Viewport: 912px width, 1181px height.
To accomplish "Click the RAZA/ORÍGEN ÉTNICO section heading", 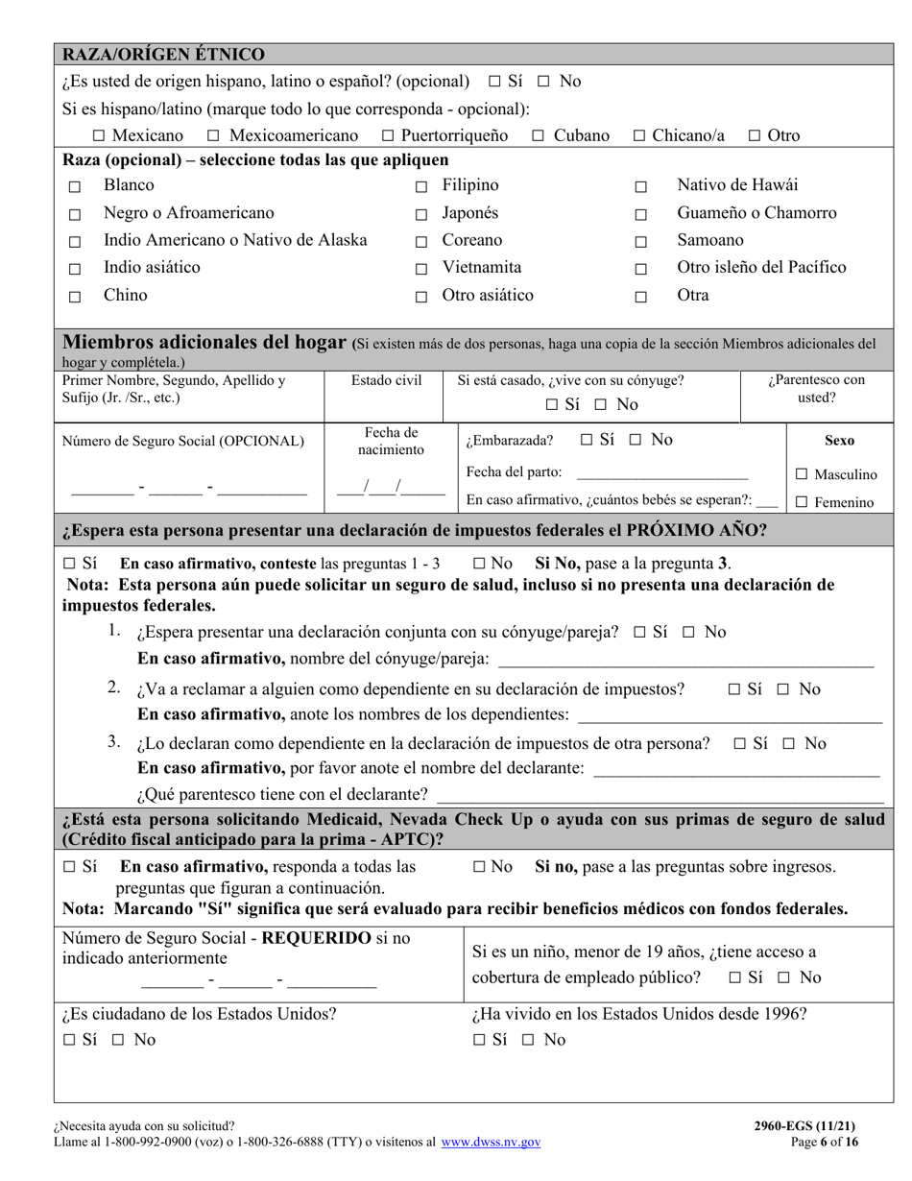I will (x=163, y=54).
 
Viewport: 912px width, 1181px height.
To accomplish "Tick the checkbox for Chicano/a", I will (x=639, y=136).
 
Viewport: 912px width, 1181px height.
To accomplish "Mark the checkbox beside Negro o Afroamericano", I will (x=75, y=215).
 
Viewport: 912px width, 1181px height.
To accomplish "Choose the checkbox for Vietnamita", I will (x=420, y=270).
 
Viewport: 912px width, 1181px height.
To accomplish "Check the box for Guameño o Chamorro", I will (x=641, y=215).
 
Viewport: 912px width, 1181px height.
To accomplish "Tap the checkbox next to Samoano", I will (x=641, y=242).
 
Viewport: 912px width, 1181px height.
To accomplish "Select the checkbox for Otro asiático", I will (x=420, y=298).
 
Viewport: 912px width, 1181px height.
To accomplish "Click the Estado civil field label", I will (x=386, y=380).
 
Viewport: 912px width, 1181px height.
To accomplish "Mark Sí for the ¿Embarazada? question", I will (x=588, y=440).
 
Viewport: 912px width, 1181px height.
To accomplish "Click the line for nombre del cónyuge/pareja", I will (x=685, y=661).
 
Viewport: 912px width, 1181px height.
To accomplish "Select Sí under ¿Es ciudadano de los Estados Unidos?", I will (x=69, y=1040).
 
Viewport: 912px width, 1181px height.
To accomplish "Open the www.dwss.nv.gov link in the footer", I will (x=490, y=1143).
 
